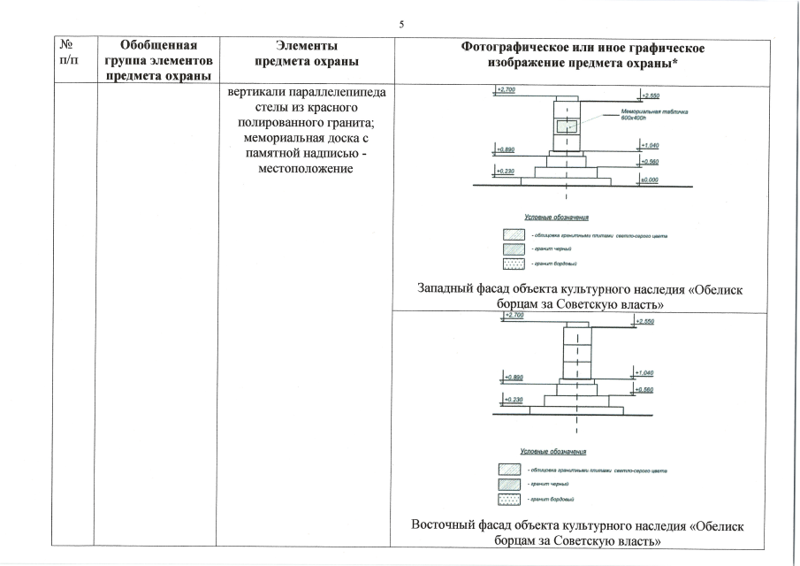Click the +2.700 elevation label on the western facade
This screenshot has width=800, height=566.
[507, 90]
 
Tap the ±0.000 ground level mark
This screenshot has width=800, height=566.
[649, 180]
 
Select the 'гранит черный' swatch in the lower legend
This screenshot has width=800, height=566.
[511, 484]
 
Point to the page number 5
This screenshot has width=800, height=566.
[400, 24]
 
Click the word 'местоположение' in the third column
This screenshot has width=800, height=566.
[307, 168]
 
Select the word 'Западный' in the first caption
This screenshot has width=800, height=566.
[450, 288]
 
